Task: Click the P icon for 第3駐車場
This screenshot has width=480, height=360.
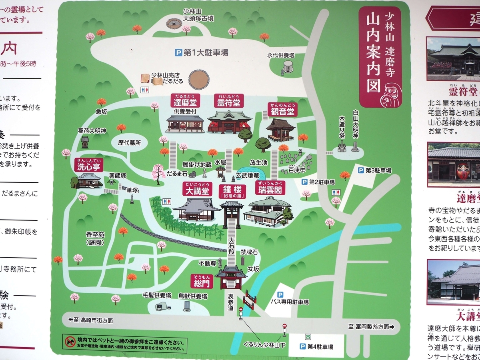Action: click(361, 170)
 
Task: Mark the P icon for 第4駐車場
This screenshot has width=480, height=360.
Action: click(302, 346)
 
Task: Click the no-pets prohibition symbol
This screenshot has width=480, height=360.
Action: click(70, 341)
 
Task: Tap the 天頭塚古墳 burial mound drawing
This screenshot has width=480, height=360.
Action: click(175, 23)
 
